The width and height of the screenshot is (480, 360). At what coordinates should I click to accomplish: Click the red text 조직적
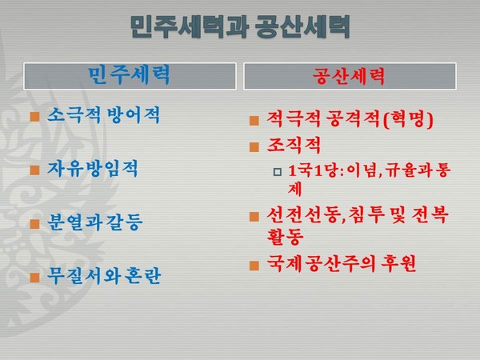[x=292, y=146]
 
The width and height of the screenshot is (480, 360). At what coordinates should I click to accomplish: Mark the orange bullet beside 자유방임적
[x=34, y=170]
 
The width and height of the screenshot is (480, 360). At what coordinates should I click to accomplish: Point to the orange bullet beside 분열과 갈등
[x=34, y=224]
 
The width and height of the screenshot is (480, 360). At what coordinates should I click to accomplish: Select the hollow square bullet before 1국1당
[x=277, y=171]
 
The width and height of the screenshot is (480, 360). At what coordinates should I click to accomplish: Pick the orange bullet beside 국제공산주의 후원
[x=254, y=265]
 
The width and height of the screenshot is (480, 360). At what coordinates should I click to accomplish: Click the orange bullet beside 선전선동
[x=254, y=216]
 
